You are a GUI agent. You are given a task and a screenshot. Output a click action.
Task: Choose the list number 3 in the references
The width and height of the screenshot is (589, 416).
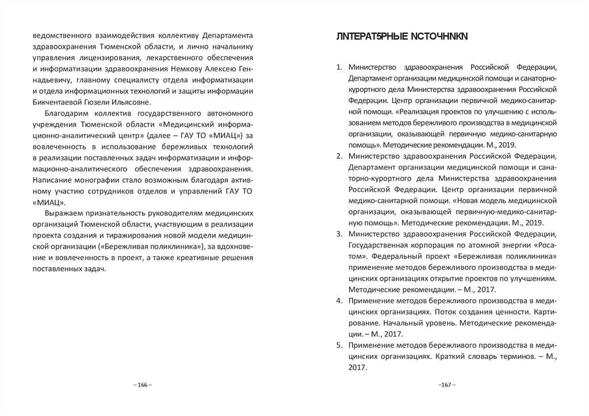(x=339, y=233)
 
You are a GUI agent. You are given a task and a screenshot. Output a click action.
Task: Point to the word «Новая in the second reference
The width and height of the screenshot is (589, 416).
(x=465, y=200)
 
